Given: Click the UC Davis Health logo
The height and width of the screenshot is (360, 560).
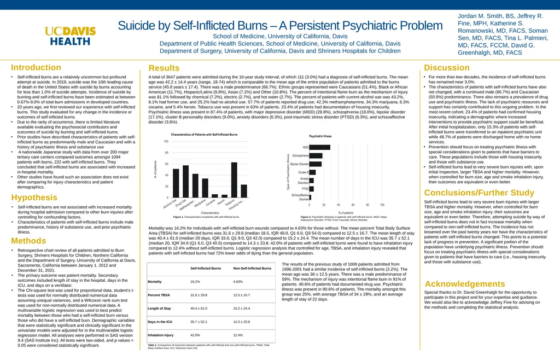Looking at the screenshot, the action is pyautogui.click(x=70, y=36).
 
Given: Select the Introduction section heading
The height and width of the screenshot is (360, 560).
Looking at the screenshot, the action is pyautogui.click(x=36, y=67).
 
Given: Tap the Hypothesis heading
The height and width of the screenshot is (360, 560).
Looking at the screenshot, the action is pyautogui.click(x=34, y=197).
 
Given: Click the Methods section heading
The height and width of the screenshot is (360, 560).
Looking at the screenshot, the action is pyautogui.click(x=28, y=241).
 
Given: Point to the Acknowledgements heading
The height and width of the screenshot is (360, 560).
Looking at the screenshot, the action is pyautogui.click(x=465, y=284).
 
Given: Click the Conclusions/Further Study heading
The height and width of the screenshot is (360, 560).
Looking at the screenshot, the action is pyautogui.click(x=479, y=193).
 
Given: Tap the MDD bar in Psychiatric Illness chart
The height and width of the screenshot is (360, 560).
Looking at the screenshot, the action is pyautogui.click(x=320, y=132).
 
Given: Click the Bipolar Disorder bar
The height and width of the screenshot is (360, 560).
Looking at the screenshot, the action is pyautogui.click(x=316, y=164).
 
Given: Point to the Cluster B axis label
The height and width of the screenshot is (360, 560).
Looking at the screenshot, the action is pyautogui.click(x=303, y=172).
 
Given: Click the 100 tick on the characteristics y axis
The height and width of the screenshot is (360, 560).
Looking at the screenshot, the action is pyautogui.click(x=166, y=142).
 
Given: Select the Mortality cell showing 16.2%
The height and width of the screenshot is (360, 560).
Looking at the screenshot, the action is pyautogui.click(x=195, y=282).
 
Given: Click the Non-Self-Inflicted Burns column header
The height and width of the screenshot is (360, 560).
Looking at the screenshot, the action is pyautogui.click(x=252, y=268).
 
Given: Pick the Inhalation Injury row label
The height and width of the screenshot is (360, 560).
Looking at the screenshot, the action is pyautogui.click(x=160, y=335).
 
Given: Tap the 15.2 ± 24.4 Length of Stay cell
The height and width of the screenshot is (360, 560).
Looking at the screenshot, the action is pyautogui.click(x=241, y=308).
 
